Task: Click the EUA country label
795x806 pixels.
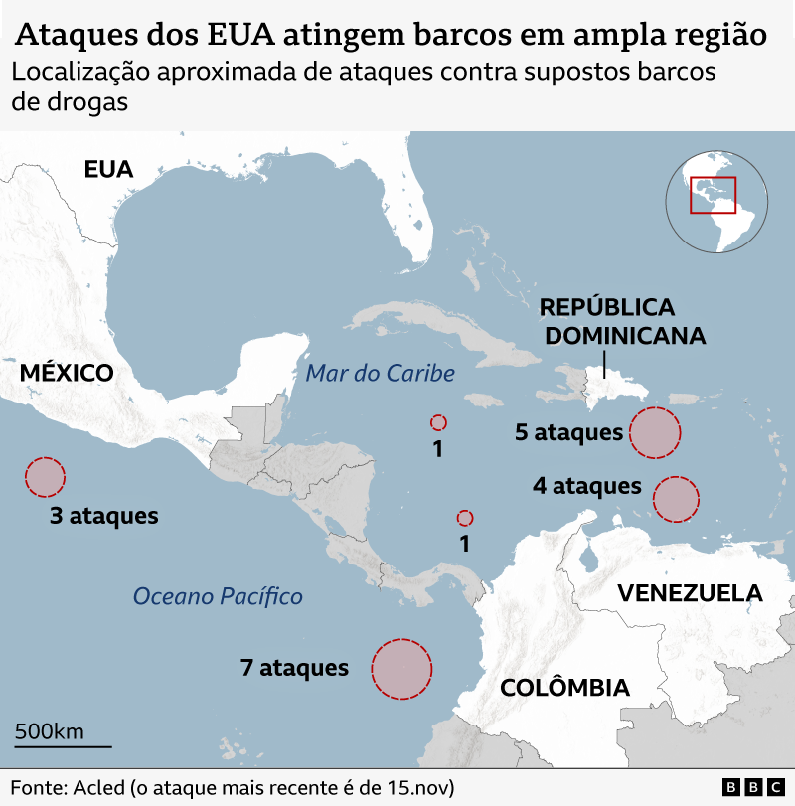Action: (108, 169)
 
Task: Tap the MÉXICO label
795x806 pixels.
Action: (67, 374)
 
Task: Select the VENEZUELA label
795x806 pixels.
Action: (690, 593)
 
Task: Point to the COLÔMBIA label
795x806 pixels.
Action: (564, 688)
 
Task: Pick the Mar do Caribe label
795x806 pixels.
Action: (381, 374)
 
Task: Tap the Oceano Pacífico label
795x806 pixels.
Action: (218, 596)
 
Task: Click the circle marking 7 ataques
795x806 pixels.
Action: (401, 668)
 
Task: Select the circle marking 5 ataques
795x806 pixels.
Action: (655, 432)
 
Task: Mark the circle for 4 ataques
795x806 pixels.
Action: (676, 499)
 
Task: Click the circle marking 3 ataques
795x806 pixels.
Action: (45, 477)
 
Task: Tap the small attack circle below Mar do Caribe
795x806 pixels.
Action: (437, 422)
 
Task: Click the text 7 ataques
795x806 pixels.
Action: (294, 668)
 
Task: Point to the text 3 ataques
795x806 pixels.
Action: (104, 516)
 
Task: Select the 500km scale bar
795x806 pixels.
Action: (63, 744)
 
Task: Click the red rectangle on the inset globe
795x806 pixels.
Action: (713, 194)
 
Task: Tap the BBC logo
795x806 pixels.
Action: (752, 787)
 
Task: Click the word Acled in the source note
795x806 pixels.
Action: (97, 787)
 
